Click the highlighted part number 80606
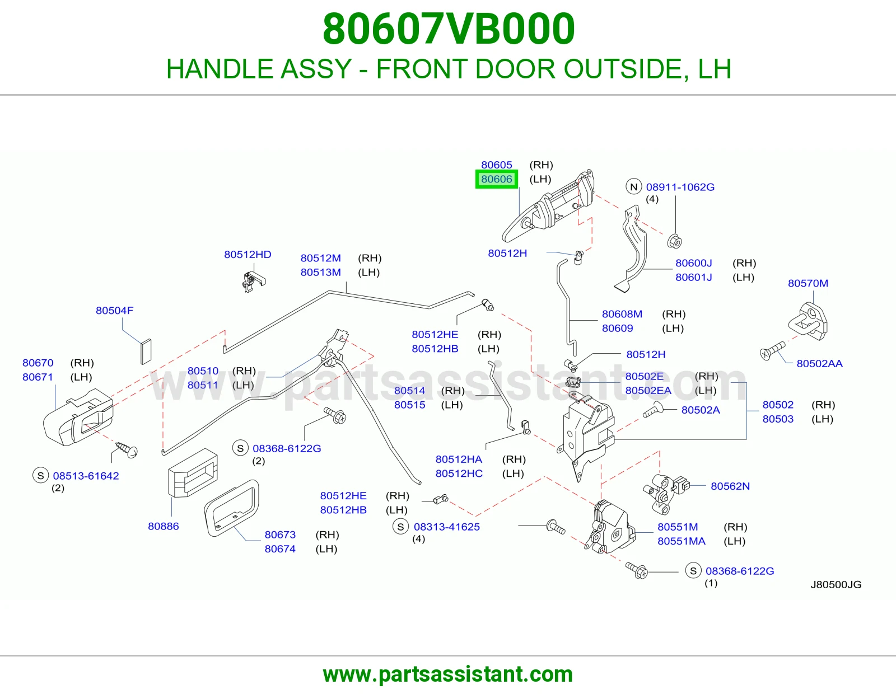[497, 179]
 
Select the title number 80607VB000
[449, 29]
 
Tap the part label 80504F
[115, 310]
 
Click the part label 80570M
[808, 283]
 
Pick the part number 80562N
[730, 486]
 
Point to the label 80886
[164, 526]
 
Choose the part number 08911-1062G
[680, 187]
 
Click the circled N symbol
[634, 187]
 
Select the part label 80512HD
[248, 254]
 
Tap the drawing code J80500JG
[836, 585]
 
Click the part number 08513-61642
[86, 476]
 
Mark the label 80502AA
[819, 363]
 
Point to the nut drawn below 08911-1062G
[674, 241]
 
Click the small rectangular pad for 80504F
[146, 352]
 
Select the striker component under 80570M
[808, 322]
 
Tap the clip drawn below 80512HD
[253, 281]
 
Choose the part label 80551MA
[681, 541]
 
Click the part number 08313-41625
[446, 527]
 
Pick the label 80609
[617, 328]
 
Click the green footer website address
[448, 674]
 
